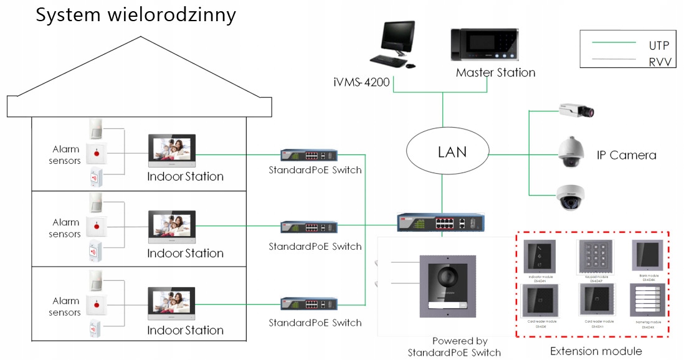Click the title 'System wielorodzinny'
136,15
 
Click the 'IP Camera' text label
626,155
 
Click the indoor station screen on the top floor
172,150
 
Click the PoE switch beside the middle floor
309,227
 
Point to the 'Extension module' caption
596,351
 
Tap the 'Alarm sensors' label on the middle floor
66,228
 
